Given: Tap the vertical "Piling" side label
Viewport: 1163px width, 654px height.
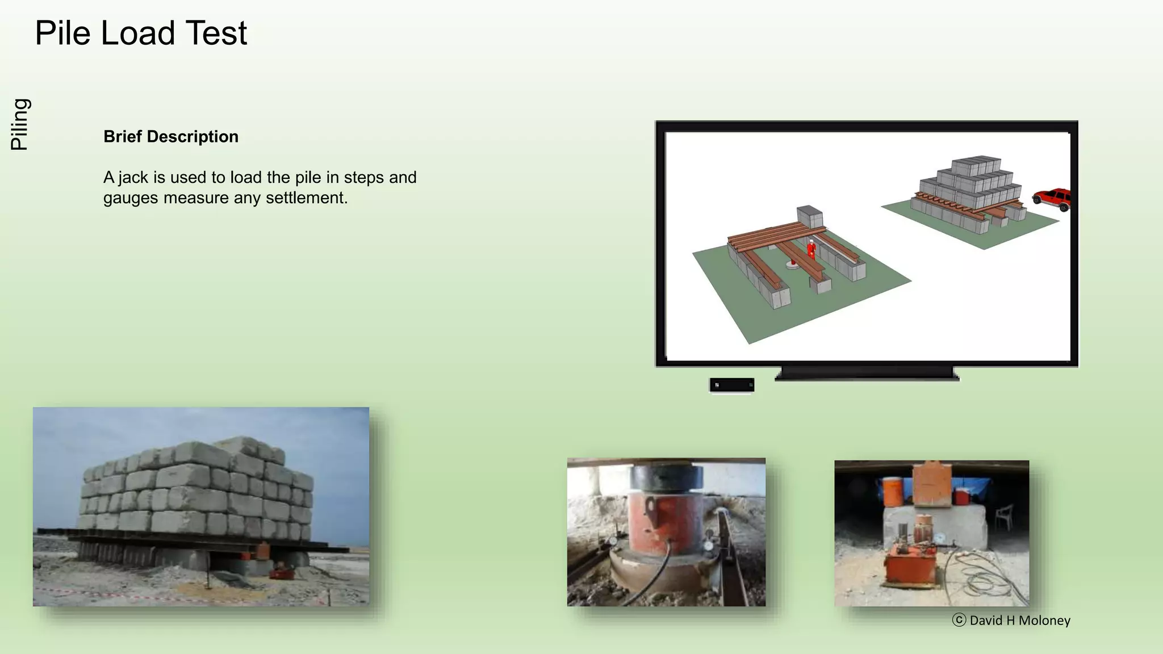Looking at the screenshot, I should click(20, 124).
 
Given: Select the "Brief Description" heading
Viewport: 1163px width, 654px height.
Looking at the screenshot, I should click(171, 137).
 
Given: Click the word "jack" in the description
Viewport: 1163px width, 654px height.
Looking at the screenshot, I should click(133, 178).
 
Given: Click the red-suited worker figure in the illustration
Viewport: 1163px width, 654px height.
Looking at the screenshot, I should click(811, 249).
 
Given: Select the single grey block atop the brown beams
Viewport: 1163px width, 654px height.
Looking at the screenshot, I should click(810, 216).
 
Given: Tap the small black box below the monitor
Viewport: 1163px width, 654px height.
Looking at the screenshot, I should click(732, 385).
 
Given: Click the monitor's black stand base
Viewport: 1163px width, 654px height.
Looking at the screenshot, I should click(867, 374).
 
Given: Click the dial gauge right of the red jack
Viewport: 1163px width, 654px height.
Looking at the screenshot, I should click(709, 545).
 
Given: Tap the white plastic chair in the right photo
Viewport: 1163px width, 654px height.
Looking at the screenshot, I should click(1004, 516).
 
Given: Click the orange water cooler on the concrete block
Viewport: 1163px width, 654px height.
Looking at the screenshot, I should click(889, 491).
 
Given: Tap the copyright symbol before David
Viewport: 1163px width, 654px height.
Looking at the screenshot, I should click(959, 620).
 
